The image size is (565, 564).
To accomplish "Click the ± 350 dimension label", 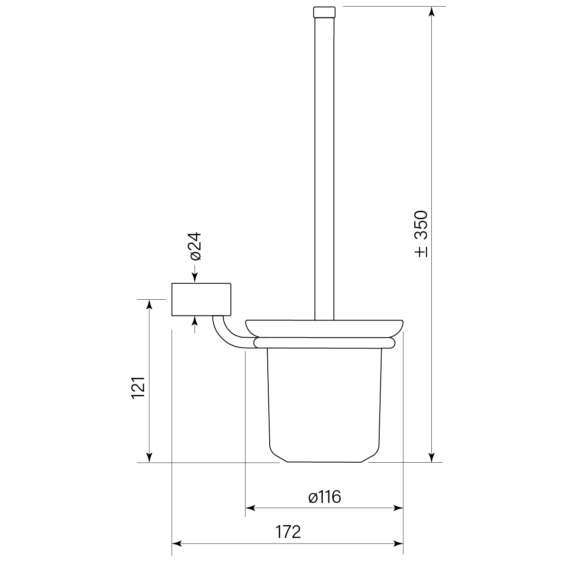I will (420, 234).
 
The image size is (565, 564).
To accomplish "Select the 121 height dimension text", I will (137, 388).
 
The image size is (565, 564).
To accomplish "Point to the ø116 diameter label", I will (324, 497).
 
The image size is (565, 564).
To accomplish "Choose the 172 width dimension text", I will (288, 532).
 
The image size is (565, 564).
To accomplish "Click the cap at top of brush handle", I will (324, 11).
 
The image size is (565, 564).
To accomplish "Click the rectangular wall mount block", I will (201, 299).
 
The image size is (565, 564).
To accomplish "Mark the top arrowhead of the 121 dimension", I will (149, 304).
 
